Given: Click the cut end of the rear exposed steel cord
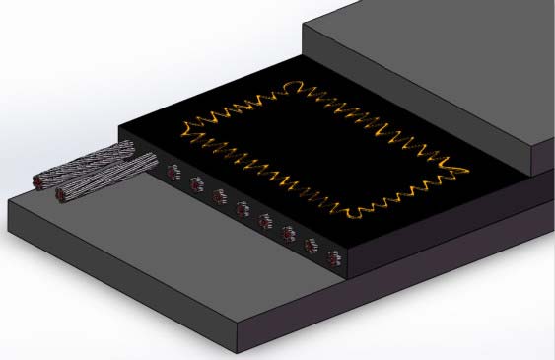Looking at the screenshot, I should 40,181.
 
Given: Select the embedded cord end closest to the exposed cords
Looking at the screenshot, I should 173,174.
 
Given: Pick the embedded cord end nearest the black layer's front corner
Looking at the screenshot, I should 331,260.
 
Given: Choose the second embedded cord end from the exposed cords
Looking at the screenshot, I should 195,184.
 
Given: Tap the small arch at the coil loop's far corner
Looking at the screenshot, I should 293,85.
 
